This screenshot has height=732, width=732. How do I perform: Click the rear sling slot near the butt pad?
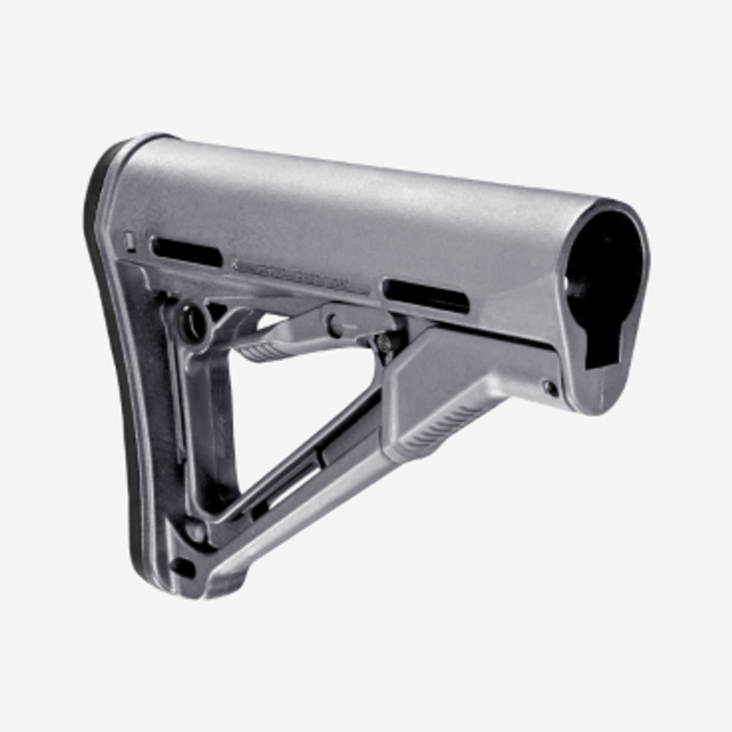point(187,252)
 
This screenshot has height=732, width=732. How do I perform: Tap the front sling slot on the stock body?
point(426,295)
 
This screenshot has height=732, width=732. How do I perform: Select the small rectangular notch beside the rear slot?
point(129,241)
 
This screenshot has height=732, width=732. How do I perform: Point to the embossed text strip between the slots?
point(300,274)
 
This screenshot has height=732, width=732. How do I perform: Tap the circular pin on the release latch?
point(334,325)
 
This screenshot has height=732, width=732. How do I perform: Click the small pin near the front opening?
point(550,388)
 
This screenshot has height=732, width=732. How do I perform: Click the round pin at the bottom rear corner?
point(194,531)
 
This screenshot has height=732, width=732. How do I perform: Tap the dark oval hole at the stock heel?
point(182,568)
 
